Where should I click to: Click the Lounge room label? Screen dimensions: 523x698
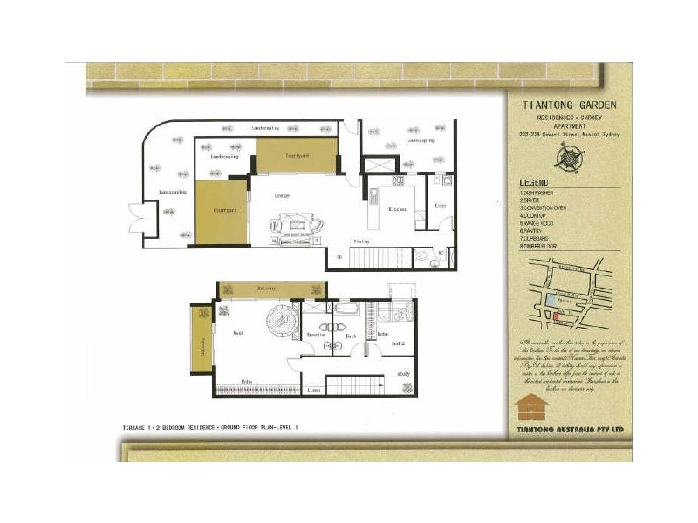pos(282,194)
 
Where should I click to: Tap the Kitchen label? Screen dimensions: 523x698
pos(397,210)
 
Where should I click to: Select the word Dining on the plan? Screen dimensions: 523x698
pos(359,241)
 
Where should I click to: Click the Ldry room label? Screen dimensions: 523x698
pos(441,206)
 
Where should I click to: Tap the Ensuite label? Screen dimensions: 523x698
pos(315,335)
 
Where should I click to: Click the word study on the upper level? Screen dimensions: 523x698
pos(403,375)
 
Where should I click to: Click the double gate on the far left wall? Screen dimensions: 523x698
pos(136,214)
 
